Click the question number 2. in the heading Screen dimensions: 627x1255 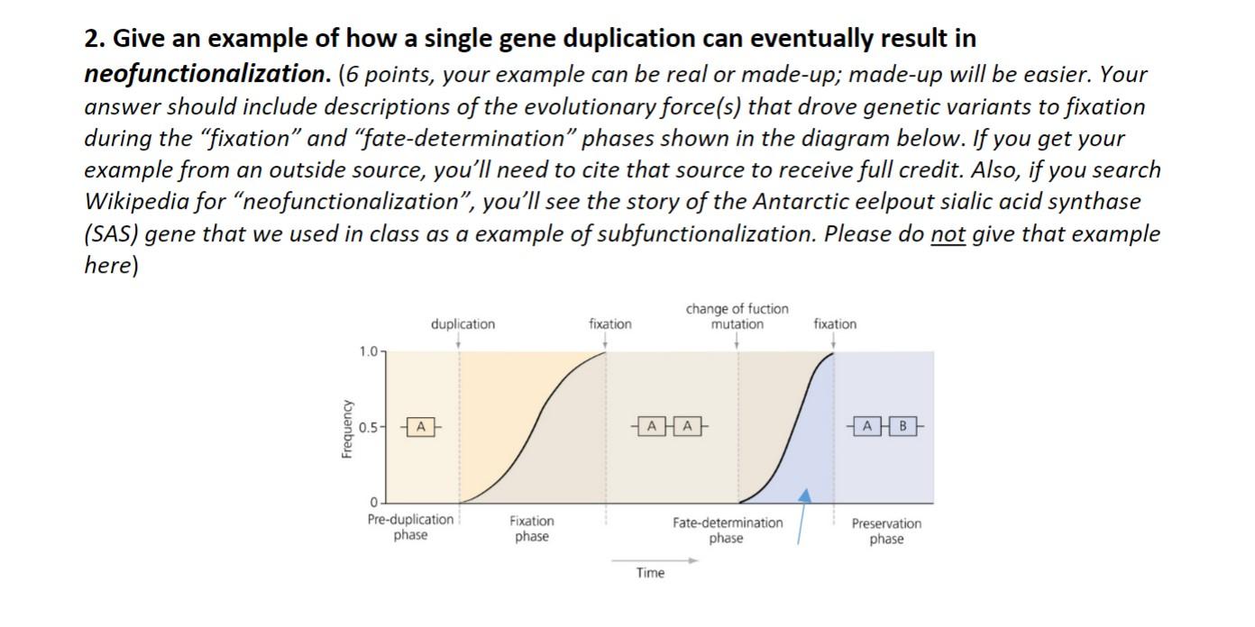pyautogui.click(x=95, y=40)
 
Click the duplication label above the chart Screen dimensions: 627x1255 pyautogui.click(x=463, y=324)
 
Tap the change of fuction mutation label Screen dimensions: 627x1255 pyautogui.click(x=737, y=316)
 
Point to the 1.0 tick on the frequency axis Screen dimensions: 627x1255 pyautogui.click(x=369, y=352)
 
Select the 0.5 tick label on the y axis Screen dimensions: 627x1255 pyautogui.click(x=367, y=427)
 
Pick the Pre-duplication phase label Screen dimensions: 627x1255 pyautogui.click(x=411, y=528)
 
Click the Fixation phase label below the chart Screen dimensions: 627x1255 pyautogui.click(x=532, y=529)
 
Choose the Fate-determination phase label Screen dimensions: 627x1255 pyautogui.click(x=728, y=531)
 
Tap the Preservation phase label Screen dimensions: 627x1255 pyautogui.click(x=886, y=532)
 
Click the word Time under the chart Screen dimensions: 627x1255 pyautogui.click(x=649, y=573)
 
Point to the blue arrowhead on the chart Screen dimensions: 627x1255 pyautogui.click(x=805, y=495)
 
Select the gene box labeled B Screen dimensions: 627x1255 pyautogui.click(x=905, y=425)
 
